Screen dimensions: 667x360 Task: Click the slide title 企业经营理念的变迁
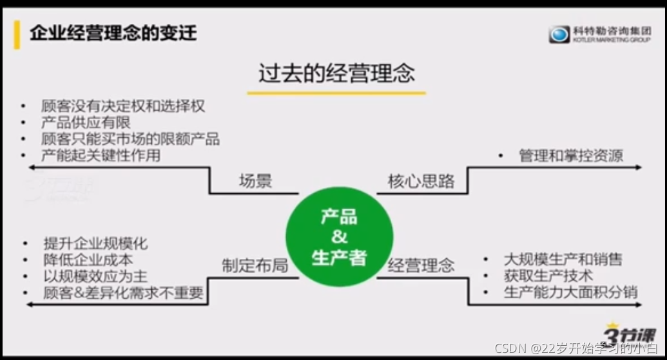click(x=113, y=33)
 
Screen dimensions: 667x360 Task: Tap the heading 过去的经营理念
click(x=336, y=73)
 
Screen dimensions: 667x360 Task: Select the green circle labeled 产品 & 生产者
click(x=339, y=237)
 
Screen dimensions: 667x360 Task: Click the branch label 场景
click(x=255, y=181)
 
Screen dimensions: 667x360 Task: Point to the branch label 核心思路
click(x=421, y=181)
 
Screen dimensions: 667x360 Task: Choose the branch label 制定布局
click(x=255, y=265)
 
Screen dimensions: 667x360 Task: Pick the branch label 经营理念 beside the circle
click(x=421, y=265)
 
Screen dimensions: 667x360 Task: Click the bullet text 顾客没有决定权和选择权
click(x=123, y=106)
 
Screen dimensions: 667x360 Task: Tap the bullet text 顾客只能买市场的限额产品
click(x=130, y=138)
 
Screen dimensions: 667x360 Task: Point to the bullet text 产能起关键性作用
click(x=101, y=155)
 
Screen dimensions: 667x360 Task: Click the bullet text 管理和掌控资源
click(x=571, y=155)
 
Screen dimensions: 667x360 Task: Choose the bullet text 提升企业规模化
click(x=95, y=243)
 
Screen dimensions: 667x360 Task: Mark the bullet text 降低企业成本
click(x=88, y=260)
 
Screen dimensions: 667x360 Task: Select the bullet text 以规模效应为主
click(x=95, y=276)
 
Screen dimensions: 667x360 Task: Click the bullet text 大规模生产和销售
click(x=563, y=260)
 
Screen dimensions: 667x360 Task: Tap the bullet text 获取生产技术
click(x=548, y=276)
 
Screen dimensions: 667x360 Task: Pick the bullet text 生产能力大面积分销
click(x=570, y=292)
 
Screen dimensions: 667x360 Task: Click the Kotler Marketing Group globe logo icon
click(x=559, y=34)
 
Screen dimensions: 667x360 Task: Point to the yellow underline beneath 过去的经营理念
click(x=336, y=93)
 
